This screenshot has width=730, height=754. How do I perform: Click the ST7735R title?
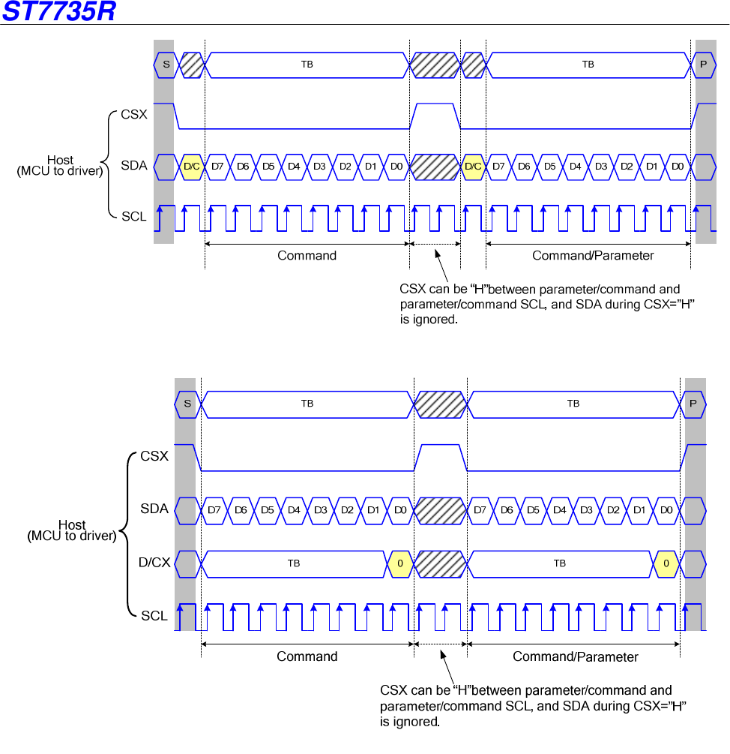pyautogui.click(x=58, y=12)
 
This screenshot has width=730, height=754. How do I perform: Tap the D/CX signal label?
pyautogui.click(x=154, y=562)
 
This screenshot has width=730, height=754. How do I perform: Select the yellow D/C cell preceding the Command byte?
pyautogui.click(x=192, y=167)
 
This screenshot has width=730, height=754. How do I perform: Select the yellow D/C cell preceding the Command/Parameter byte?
pyautogui.click(x=473, y=167)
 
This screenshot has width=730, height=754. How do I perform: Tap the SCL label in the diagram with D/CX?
pyautogui.click(x=154, y=616)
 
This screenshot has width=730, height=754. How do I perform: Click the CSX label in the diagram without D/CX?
pyautogui.click(x=134, y=116)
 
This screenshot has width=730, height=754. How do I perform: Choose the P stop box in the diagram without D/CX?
pyautogui.click(x=703, y=65)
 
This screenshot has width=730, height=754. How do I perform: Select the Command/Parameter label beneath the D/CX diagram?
pyautogui.click(x=575, y=657)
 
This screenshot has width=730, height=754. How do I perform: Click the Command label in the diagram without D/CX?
pyautogui.click(x=307, y=256)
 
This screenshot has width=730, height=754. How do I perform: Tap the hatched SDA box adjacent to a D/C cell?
pyautogui.click(x=435, y=167)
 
